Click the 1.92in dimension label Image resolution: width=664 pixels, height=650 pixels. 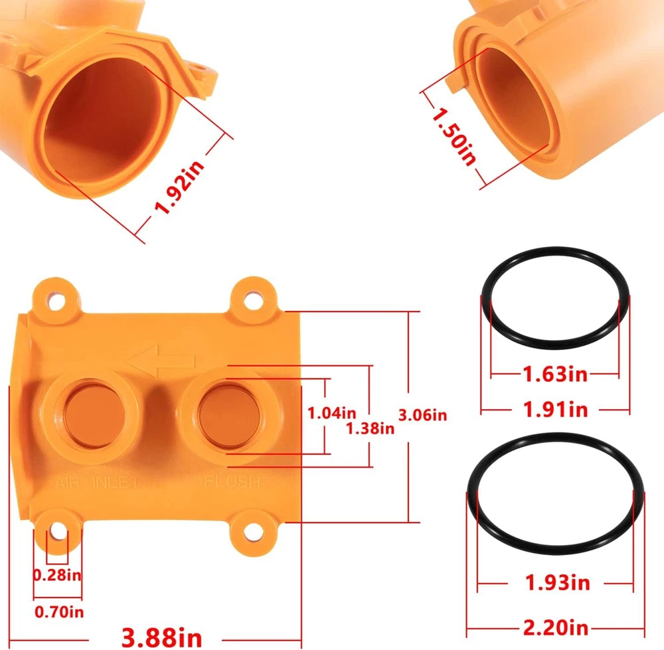[179, 187]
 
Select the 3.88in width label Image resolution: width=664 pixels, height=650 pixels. [162, 637]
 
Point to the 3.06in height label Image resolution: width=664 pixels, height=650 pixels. [422, 415]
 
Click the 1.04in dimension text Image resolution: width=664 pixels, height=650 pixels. [331, 413]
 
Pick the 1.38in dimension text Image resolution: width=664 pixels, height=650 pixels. [370, 428]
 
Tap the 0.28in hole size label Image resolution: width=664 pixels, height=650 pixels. [57, 575]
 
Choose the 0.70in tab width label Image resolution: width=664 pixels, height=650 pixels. [59, 612]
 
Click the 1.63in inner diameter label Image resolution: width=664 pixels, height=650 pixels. [555, 374]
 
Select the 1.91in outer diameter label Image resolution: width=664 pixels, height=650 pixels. [556, 410]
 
